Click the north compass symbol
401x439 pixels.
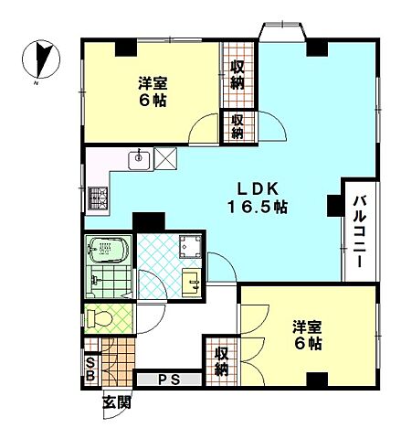click(x=41, y=59)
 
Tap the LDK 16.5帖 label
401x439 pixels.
click(x=258, y=198)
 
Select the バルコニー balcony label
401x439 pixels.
click(x=360, y=232)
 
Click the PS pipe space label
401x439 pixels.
click(x=169, y=380)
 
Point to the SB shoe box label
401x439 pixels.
click(x=90, y=369)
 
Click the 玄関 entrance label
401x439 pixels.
click(x=117, y=402)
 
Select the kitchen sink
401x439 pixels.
click(x=139, y=160)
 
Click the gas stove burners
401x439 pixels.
click(x=98, y=198)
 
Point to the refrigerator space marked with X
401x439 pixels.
click(x=165, y=158)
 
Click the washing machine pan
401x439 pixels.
click(x=190, y=246)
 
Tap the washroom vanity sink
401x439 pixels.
click(x=192, y=282)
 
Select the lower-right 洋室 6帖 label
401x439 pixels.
click(x=307, y=335)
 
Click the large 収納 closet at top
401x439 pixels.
click(x=237, y=75)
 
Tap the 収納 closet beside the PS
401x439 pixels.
click(x=222, y=361)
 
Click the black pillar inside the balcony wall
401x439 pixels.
click(x=334, y=206)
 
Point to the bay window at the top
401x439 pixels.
click(x=282, y=32)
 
